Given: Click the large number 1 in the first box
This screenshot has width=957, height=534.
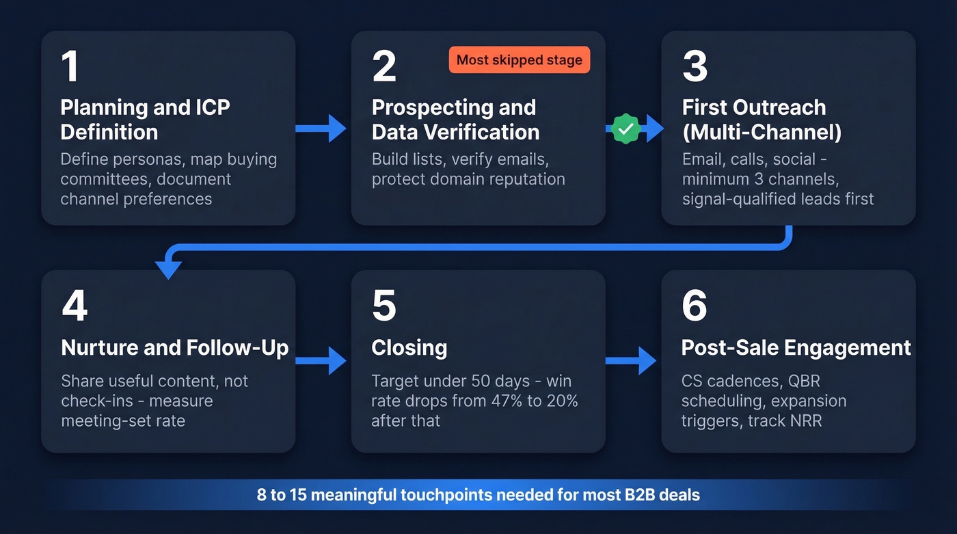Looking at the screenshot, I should (x=70, y=66).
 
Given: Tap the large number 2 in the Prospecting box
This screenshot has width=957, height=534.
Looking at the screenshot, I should (x=384, y=66).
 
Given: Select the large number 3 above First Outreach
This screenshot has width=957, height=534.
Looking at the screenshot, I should (x=695, y=66).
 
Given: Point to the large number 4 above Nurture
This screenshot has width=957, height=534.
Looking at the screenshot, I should (x=75, y=306).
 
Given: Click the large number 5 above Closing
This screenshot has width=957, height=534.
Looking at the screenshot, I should (x=384, y=306).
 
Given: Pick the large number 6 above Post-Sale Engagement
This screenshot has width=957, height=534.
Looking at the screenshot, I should (x=695, y=306).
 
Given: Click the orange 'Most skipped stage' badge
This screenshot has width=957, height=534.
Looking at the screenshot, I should (x=519, y=60).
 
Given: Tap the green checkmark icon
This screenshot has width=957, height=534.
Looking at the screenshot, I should (x=624, y=128).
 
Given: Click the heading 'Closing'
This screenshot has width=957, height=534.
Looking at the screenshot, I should (x=409, y=348).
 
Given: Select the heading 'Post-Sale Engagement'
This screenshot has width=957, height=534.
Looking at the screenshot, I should (x=796, y=348).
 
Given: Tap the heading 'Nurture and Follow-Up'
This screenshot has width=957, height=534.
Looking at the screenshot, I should (x=175, y=348).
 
